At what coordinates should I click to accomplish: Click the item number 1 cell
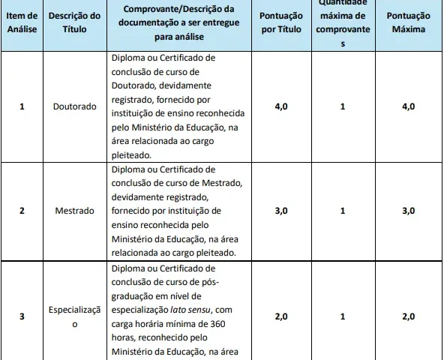22,106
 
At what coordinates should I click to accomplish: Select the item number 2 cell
22,211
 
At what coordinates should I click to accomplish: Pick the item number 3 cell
22,316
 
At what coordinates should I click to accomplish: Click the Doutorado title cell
75,106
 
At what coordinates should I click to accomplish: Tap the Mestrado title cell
75,211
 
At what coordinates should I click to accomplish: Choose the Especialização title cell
75,316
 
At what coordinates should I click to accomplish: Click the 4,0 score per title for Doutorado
280,106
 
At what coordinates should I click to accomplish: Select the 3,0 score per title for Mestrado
280,211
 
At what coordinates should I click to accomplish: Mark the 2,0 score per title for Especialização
280,316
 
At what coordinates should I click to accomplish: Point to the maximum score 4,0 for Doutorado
408,106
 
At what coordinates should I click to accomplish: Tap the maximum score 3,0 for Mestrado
408,211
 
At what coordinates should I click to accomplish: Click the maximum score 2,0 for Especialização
408,316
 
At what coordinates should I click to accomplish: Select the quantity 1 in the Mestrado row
342,211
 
